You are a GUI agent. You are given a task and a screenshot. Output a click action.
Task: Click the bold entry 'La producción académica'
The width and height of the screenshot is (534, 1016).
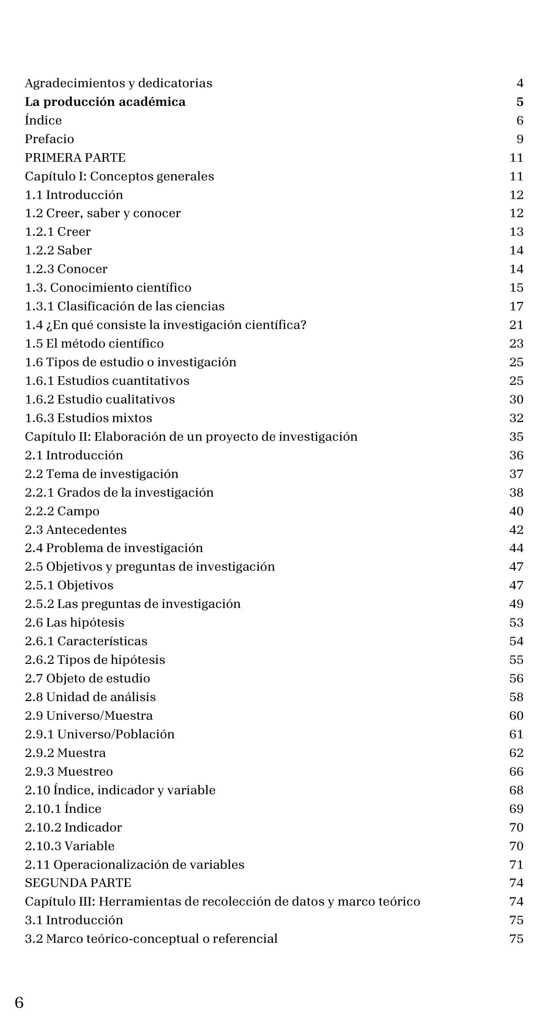105,102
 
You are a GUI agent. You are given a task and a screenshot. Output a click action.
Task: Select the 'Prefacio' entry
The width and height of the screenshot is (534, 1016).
49,139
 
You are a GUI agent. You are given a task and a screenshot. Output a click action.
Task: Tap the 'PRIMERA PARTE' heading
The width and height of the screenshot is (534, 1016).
75,158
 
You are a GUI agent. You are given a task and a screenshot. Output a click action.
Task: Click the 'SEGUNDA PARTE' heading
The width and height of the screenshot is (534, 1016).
78,883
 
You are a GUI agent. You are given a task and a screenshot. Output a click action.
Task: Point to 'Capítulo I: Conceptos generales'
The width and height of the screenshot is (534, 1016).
119,176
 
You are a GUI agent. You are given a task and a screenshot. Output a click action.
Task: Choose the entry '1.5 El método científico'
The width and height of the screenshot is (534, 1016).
94,344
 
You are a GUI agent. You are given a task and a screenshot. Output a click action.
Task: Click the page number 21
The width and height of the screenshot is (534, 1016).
516,325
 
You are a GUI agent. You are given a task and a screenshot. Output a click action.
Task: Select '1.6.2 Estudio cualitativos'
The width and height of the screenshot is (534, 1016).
100,399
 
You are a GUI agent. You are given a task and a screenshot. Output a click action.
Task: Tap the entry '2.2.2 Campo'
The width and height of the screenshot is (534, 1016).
62,511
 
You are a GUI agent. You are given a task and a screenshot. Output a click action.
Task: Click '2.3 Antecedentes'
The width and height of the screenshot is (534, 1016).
76,530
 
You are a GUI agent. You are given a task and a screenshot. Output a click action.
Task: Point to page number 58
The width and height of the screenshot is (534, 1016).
516,697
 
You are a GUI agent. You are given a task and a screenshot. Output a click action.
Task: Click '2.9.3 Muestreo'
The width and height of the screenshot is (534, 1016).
69,772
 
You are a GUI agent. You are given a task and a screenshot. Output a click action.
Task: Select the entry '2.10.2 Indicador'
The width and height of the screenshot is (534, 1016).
74,827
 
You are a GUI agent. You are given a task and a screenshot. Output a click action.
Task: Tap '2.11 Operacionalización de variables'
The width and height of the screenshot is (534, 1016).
134,865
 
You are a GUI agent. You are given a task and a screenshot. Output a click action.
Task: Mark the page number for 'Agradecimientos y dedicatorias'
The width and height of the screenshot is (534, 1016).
520,83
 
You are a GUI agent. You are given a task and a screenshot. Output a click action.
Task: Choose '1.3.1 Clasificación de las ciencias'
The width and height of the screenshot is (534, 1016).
125,306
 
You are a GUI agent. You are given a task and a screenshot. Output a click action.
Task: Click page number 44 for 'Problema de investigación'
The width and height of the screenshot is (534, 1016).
516,548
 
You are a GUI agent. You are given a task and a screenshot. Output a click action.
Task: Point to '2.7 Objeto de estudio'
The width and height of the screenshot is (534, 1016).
88,678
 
